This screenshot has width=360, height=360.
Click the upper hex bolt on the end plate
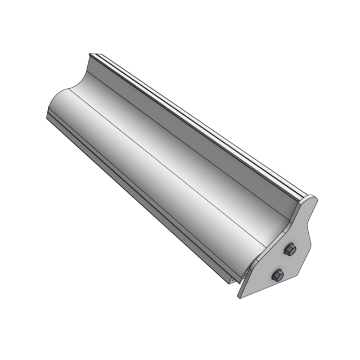(289, 250)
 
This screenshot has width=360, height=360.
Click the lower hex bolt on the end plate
(277, 275)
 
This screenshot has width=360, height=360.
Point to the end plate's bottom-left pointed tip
(240, 296)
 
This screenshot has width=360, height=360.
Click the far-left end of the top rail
(91, 55)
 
